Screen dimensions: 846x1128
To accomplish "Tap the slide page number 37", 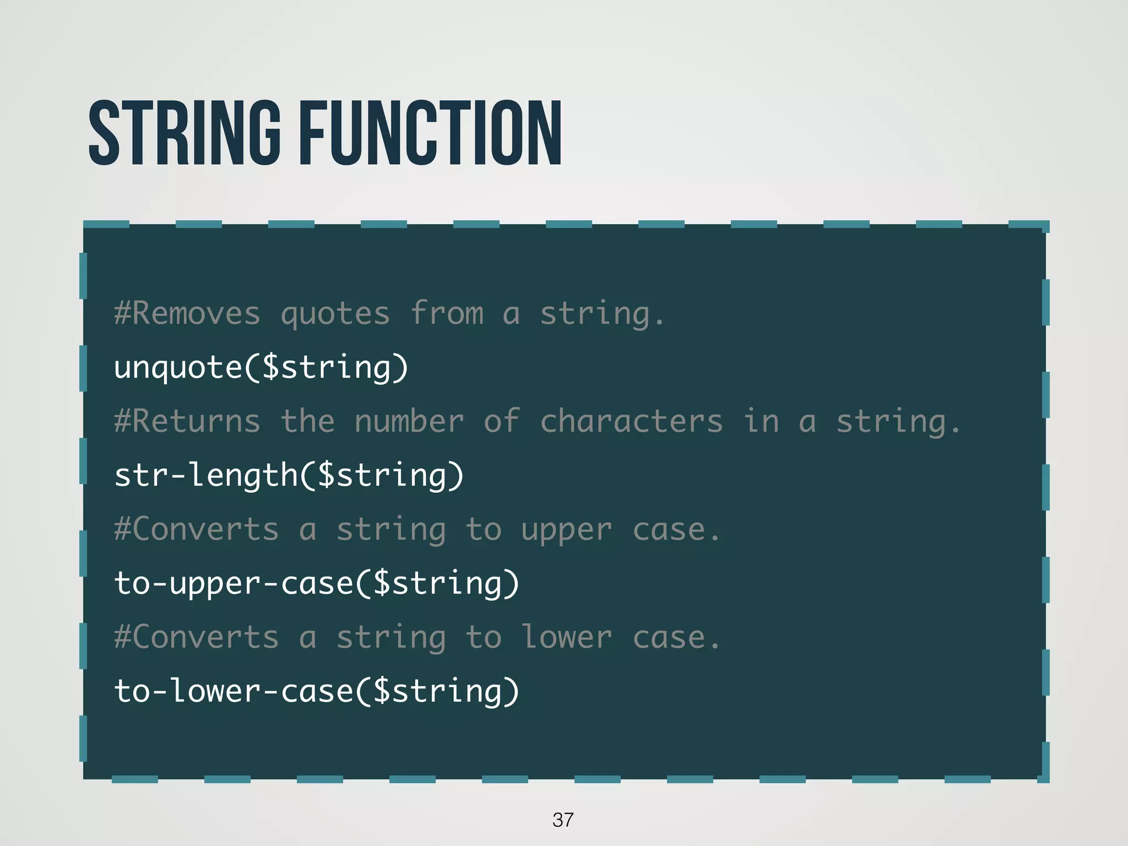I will (563, 820).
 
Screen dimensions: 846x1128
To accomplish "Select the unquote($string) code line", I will (261, 367).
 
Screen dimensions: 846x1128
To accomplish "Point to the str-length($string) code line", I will (289, 475).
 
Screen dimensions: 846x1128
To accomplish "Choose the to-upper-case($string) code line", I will (317, 583).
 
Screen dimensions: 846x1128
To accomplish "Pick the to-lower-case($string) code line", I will (317, 691).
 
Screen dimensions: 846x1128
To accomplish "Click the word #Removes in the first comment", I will (187, 313).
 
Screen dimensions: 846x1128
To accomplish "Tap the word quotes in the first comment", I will (335, 314).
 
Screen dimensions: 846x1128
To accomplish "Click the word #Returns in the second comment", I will (187, 421).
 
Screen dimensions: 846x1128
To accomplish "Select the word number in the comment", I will (409, 421).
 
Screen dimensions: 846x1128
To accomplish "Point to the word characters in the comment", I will (631, 421).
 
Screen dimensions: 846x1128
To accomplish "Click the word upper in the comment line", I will (566, 530).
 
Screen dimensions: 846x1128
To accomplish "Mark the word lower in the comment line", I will (566, 637).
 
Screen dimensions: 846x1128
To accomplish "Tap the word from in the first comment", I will (447, 313).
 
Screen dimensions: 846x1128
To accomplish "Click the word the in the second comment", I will (307, 421).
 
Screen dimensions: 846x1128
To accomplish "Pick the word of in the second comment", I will (501, 421).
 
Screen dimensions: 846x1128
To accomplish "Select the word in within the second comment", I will (761, 421).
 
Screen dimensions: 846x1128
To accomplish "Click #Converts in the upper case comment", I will (197, 529).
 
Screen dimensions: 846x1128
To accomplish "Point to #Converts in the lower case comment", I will (197, 637).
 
